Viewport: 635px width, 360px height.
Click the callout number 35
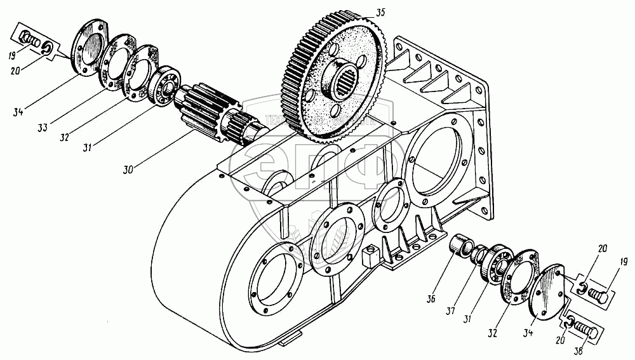[380, 11]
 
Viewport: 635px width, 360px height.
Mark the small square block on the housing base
[368, 258]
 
